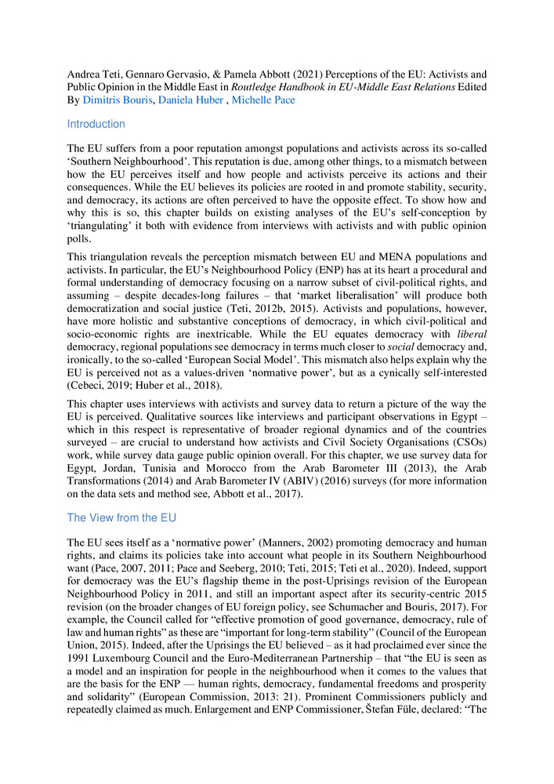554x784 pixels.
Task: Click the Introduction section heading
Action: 96,124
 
